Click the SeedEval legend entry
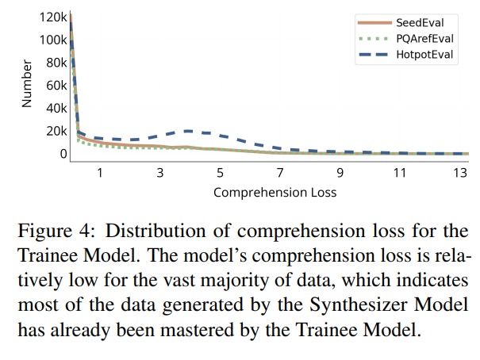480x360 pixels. pos(417,22)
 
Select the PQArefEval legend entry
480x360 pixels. pos(417,38)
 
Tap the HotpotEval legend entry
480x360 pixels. pos(417,54)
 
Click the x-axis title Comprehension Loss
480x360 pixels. pos(275,192)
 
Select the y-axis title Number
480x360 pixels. pos(26,86)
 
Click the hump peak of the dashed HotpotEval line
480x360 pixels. pos(189,131)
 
